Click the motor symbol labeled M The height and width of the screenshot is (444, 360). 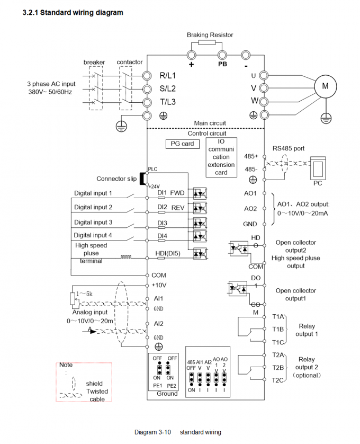(325, 86)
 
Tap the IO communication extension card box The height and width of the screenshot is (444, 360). (221, 157)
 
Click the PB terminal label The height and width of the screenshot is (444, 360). (222, 64)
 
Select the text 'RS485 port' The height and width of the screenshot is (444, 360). (289, 148)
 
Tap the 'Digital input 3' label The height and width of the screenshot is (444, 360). (93, 222)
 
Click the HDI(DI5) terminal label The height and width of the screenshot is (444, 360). (168, 254)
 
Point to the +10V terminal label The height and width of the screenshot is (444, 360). (159, 285)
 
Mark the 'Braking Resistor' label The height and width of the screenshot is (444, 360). (210, 35)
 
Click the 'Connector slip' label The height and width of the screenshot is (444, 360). (116, 179)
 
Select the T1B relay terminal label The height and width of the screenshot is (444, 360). (278, 329)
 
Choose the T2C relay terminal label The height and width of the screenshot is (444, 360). (278, 380)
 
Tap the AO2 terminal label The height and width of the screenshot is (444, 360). (250, 209)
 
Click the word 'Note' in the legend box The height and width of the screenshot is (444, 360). (66, 365)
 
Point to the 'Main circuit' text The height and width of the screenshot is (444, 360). (210, 122)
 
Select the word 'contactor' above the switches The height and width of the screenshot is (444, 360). (130, 62)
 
